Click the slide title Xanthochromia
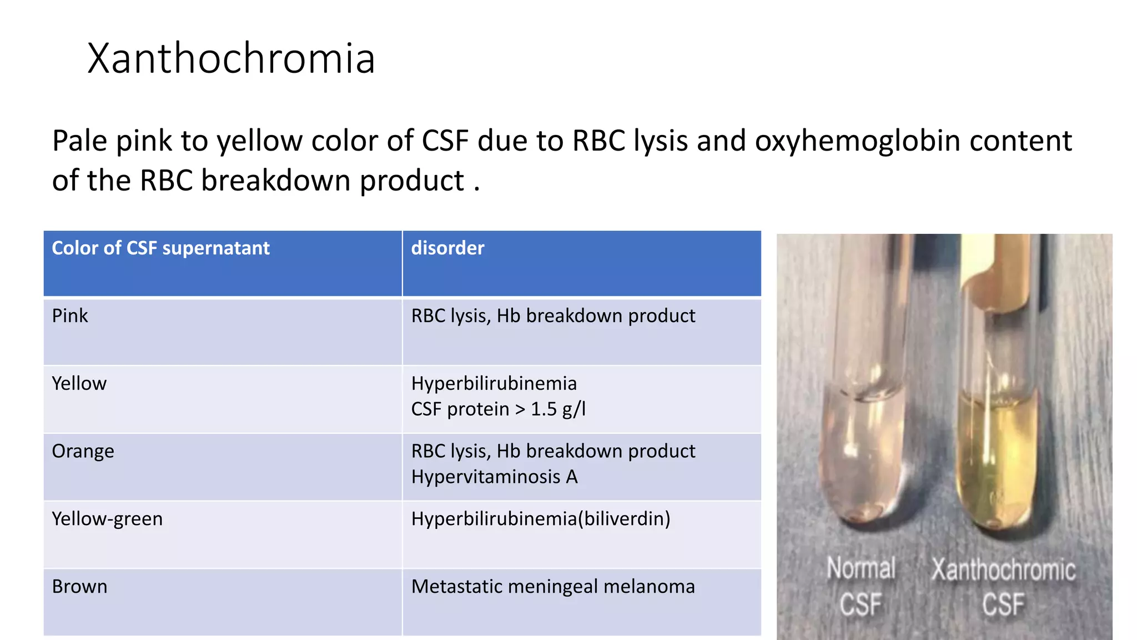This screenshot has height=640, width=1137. [x=231, y=58]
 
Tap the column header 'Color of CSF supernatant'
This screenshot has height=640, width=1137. [x=160, y=248]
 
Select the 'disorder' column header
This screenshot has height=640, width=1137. [x=447, y=248]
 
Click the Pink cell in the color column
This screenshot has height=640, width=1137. [x=70, y=316]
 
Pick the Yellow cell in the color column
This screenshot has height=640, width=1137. [x=79, y=383]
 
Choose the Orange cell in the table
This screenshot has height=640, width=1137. [x=83, y=451]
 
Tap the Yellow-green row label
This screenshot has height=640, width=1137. [x=107, y=519]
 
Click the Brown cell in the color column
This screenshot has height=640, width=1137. [x=79, y=587]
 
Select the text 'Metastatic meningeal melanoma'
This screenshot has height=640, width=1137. [x=553, y=587]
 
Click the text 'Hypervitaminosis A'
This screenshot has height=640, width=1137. [x=494, y=477]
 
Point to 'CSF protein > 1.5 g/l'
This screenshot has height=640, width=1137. [x=498, y=409]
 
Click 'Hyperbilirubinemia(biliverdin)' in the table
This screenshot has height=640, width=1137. [x=541, y=519]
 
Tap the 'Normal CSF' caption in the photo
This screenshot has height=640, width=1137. [x=861, y=587]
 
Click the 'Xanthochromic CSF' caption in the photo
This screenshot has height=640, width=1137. [x=1003, y=587]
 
